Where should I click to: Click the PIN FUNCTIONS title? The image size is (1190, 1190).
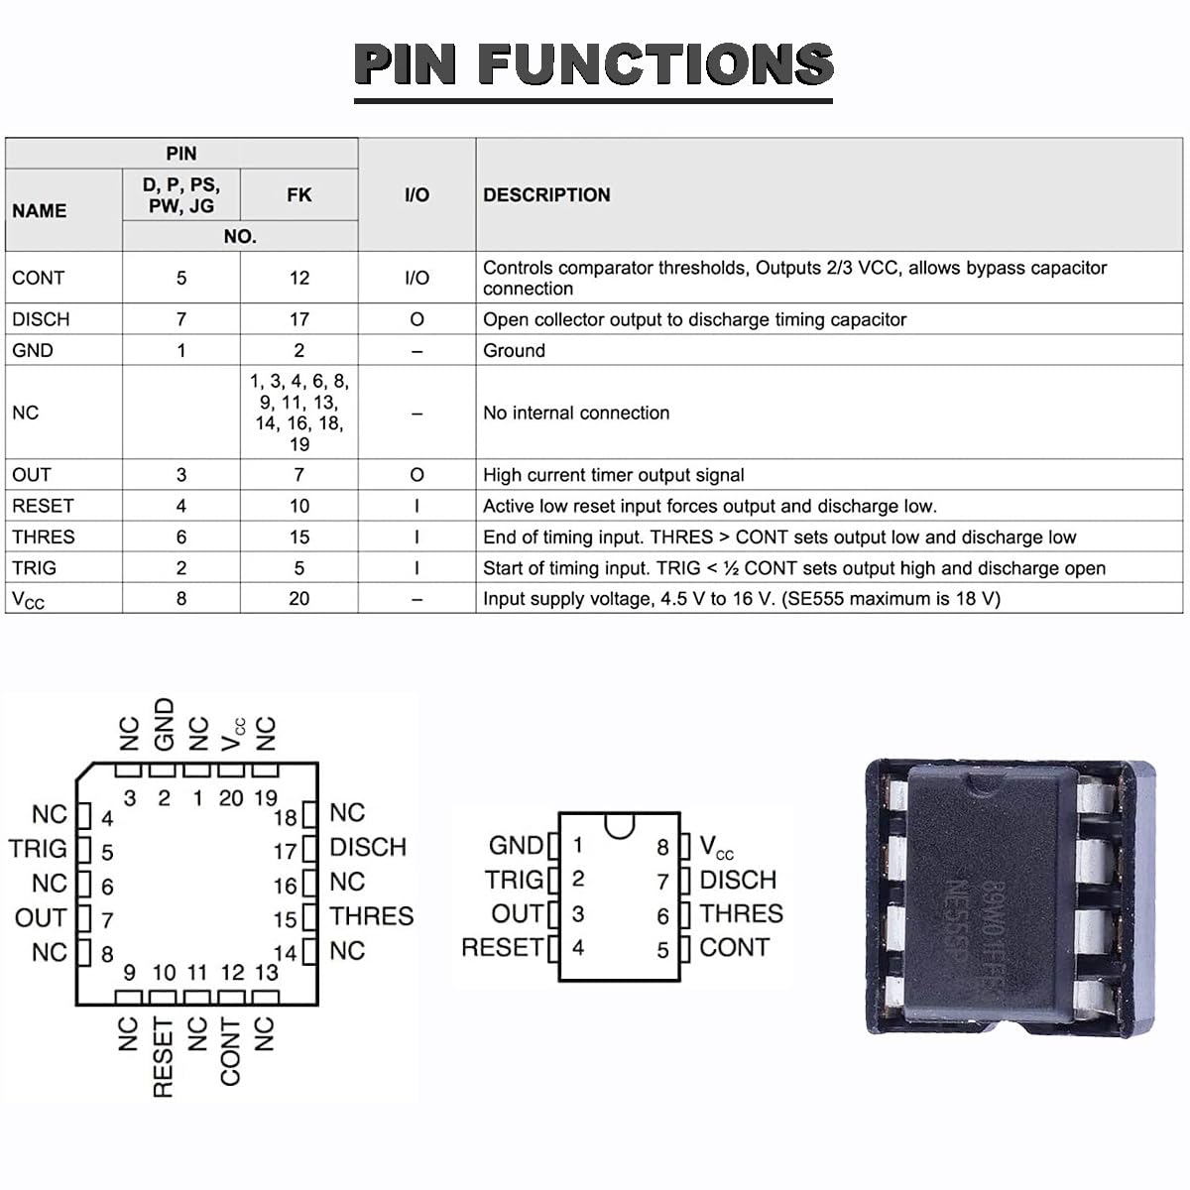pyautogui.click(x=593, y=64)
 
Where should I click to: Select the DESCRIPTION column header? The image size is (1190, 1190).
pyautogui.click(x=546, y=195)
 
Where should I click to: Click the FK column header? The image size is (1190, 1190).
pyautogui.click(x=298, y=195)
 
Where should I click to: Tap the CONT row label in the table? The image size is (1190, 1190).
pyautogui.click(x=38, y=279)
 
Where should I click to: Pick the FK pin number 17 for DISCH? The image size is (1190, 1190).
pyautogui.click(x=298, y=319)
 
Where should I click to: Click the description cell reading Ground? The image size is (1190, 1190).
pyautogui.click(x=514, y=350)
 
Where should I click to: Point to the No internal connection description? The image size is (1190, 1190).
pyautogui.click(x=576, y=413)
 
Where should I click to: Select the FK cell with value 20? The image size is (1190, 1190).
pyautogui.click(x=298, y=599)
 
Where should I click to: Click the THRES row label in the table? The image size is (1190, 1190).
pyautogui.click(x=43, y=536)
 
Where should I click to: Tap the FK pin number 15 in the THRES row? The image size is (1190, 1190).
pyautogui.click(x=298, y=536)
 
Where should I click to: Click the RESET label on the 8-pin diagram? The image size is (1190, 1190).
pyautogui.click(x=502, y=947)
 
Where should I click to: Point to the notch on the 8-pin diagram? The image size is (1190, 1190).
pyautogui.click(x=620, y=825)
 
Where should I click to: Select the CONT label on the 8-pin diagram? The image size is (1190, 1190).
pyautogui.click(x=734, y=947)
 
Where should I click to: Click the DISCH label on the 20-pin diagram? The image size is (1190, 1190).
pyautogui.click(x=368, y=847)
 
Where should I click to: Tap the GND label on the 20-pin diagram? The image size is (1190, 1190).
pyautogui.click(x=165, y=724)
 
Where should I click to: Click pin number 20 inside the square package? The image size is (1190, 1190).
pyautogui.click(x=231, y=798)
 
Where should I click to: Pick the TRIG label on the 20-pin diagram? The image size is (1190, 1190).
pyautogui.click(x=39, y=849)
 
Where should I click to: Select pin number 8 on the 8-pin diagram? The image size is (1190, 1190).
pyautogui.click(x=663, y=848)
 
